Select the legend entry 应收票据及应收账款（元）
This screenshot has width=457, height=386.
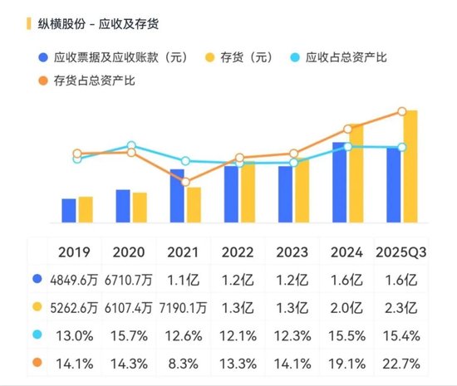click(x=120, y=57)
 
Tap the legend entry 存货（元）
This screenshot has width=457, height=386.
click(x=249, y=57)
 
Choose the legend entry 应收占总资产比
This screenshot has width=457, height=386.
click(x=346, y=57)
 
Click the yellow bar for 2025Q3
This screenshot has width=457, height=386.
click(x=410, y=166)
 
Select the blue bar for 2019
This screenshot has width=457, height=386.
click(x=69, y=211)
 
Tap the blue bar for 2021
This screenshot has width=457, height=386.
click(x=177, y=196)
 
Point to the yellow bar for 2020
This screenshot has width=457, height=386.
click(x=139, y=208)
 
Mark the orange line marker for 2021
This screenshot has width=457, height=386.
click(x=185, y=182)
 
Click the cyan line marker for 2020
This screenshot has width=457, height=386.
click(x=131, y=146)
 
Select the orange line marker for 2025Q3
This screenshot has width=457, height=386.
click(x=402, y=111)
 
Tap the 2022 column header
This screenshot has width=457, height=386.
click(x=238, y=252)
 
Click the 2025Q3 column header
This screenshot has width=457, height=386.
click(x=402, y=252)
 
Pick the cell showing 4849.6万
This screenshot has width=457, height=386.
click(x=75, y=280)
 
